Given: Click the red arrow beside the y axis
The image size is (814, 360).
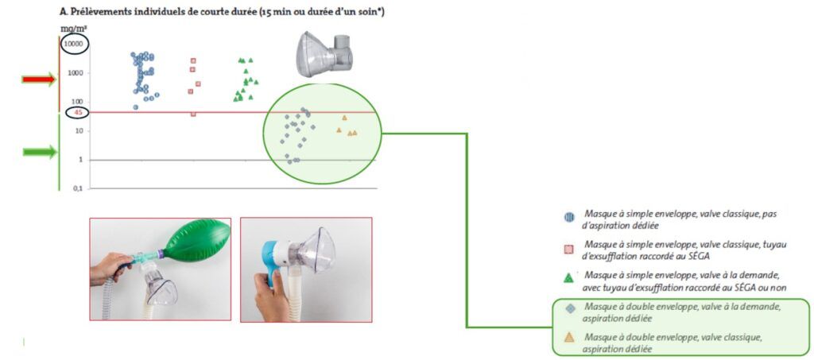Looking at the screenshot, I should (38, 79).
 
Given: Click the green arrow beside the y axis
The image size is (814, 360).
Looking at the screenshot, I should (38, 152).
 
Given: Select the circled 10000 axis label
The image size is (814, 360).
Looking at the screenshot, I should (73, 44).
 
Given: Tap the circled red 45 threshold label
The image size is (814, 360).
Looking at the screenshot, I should (78, 113).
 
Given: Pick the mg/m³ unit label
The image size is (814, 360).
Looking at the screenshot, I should (74, 28).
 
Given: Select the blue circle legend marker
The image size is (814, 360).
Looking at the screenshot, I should (568, 217).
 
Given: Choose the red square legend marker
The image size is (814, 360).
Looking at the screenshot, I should (568, 249).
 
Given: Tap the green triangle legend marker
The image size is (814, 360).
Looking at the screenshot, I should (568, 278).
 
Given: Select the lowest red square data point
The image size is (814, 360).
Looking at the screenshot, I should (193, 114).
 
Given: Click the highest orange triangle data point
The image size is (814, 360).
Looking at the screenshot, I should (344, 118).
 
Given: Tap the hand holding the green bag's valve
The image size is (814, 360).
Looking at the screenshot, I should (109, 267).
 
